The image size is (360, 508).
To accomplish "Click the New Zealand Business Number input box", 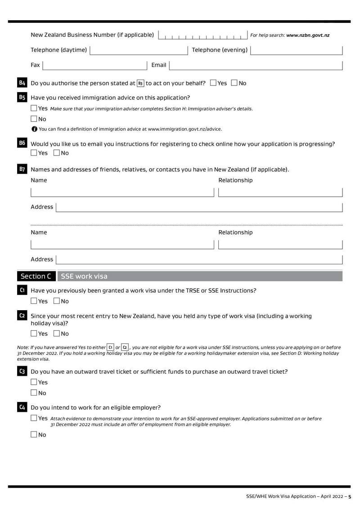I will [x=202, y=36].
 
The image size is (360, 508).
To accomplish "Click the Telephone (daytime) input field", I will [x=139, y=50].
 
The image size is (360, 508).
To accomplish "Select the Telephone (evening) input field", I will [x=296, y=50].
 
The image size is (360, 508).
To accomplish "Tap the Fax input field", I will [x=94, y=66].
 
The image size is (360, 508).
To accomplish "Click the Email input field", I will [x=256, y=66].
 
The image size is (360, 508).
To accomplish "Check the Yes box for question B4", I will [x=213, y=83].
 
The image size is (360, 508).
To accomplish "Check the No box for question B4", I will [x=234, y=83].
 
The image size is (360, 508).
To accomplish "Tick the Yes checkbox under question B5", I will [x=34, y=108].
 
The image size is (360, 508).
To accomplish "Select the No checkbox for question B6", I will [x=57, y=153].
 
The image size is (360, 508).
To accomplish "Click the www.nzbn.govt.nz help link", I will [x=308, y=36].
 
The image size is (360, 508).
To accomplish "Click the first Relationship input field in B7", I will [x=280, y=192].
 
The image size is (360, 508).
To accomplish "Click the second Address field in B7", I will [x=198, y=259].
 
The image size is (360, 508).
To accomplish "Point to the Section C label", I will [x=36, y=276].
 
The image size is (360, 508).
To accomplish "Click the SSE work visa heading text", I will [x=84, y=276].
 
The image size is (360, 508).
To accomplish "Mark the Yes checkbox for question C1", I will [x=34, y=301].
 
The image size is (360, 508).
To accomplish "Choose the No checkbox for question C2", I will [x=57, y=334].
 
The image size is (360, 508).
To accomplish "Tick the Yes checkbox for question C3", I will [x=34, y=382].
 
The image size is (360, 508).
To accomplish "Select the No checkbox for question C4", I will [x=34, y=435].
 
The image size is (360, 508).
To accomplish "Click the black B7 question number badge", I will [x=22, y=169].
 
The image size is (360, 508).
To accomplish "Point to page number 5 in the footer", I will [x=350, y=496].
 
